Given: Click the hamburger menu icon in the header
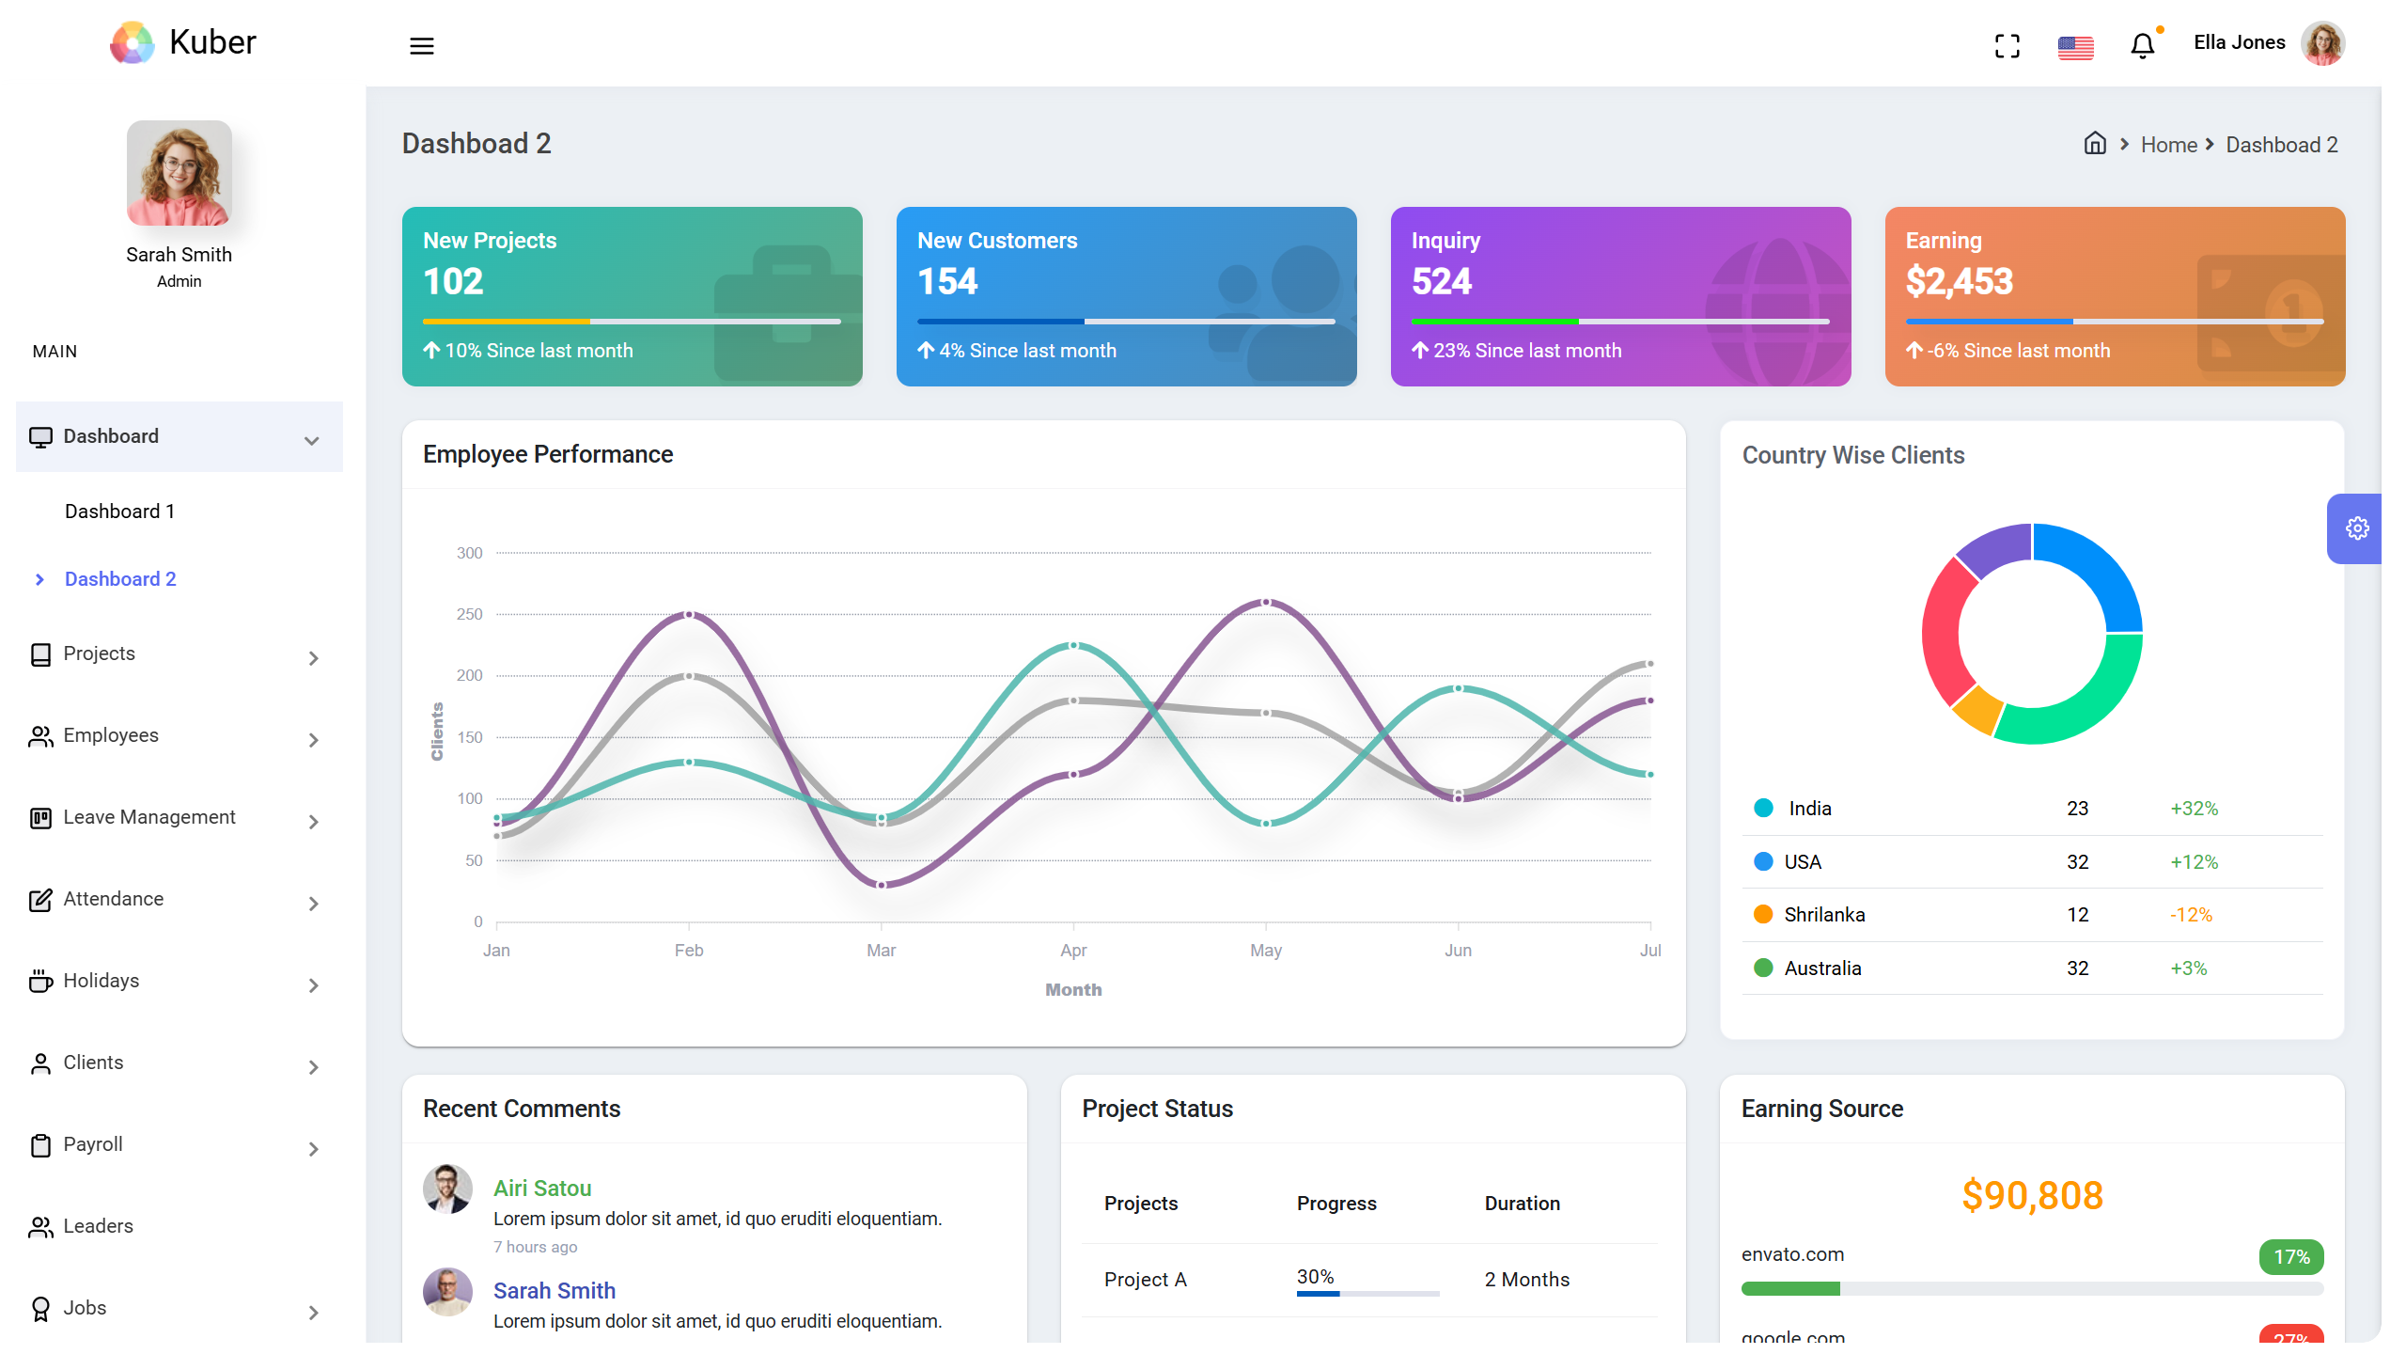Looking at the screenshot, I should tap(421, 45).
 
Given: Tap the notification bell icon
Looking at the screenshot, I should tap(2142, 45).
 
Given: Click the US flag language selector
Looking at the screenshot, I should tap(2075, 47).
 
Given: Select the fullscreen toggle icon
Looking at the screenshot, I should tap(2007, 45).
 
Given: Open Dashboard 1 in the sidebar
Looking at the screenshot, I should tap(119, 512).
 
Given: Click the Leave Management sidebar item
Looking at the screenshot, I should tap(149, 817).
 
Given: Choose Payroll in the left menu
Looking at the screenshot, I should tap(93, 1144).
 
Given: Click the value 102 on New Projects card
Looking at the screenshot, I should tap(453, 281).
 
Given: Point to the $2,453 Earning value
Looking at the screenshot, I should tap(1959, 281).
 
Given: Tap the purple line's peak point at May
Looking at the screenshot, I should tap(1265, 602).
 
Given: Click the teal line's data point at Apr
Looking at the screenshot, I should tap(1073, 646).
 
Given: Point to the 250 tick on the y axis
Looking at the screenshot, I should tap(469, 614).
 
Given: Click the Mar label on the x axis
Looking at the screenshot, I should tap(881, 951).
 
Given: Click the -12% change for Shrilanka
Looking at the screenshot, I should tap(2190, 915).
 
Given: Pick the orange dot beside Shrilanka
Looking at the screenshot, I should tap(1763, 915).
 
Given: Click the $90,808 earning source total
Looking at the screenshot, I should tap(2031, 1195).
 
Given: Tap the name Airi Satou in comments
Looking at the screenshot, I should tap(542, 1189).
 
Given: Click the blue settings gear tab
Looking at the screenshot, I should tap(2356, 528).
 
